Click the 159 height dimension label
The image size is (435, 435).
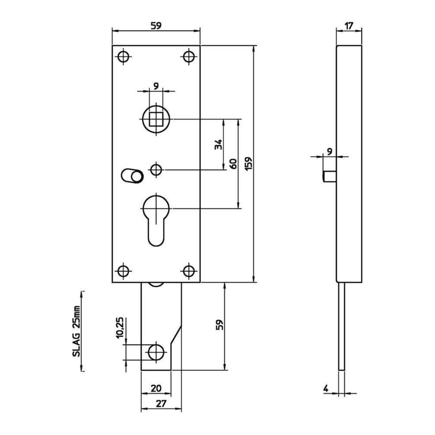tap(249, 164)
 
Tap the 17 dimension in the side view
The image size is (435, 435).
tap(349, 26)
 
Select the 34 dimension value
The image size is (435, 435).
tap(219, 144)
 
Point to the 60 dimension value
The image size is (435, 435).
tap(233, 164)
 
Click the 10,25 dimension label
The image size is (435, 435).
tap(120, 328)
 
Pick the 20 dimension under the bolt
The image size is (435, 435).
tap(156, 388)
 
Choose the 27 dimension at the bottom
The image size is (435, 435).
tap(161, 403)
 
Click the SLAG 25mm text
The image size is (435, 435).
tap(76, 331)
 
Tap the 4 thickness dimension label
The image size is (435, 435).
tap(326, 388)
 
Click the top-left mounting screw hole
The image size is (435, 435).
tap(123, 57)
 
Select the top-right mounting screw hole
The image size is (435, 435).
tap(189, 57)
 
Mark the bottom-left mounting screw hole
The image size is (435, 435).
tap(123, 271)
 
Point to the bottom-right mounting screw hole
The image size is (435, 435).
tap(189, 271)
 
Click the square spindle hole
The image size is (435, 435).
tap(156, 119)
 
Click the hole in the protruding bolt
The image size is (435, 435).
tap(156, 353)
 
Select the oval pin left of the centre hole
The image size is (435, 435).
tap(132, 175)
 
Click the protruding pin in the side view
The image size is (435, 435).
tap(330, 177)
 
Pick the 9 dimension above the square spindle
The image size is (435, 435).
tap(156, 86)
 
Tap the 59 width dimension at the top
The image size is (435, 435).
tap(156, 26)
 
